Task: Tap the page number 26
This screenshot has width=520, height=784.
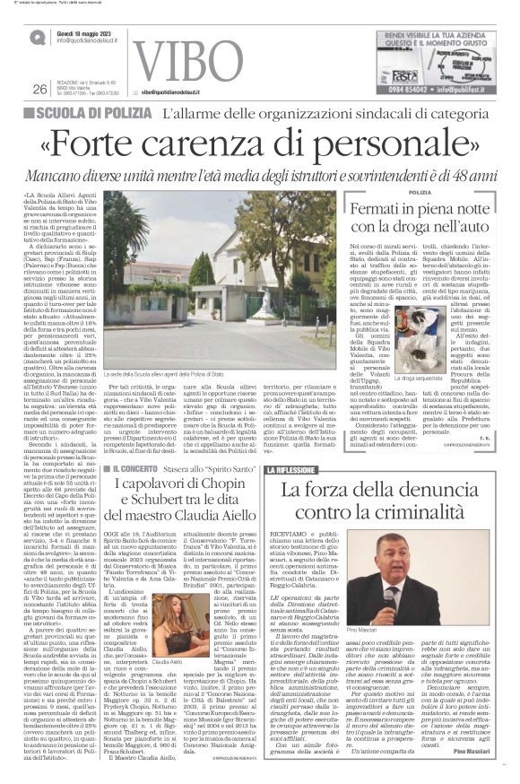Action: coord(39,89)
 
